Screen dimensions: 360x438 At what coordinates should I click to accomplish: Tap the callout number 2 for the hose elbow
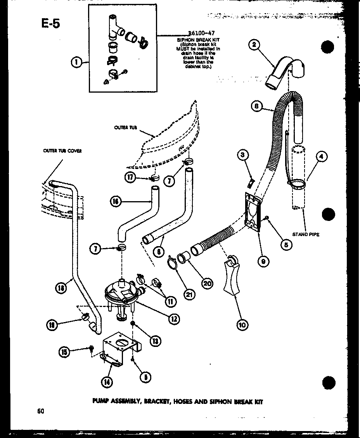pyautogui.click(x=254, y=45)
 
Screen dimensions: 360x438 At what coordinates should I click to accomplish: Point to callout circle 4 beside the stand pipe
pyautogui.click(x=322, y=157)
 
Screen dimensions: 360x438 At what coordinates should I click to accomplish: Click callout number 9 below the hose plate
pyautogui.click(x=263, y=261)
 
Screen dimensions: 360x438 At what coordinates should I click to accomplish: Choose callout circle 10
pyautogui.click(x=242, y=325)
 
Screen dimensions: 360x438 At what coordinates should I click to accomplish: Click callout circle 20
pyautogui.click(x=207, y=283)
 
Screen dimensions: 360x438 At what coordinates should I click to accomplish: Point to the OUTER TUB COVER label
pyautogui.click(x=62, y=151)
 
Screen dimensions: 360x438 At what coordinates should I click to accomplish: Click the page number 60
pyautogui.click(x=40, y=411)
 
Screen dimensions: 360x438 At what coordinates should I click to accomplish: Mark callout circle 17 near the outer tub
pyautogui.click(x=131, y=178)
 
